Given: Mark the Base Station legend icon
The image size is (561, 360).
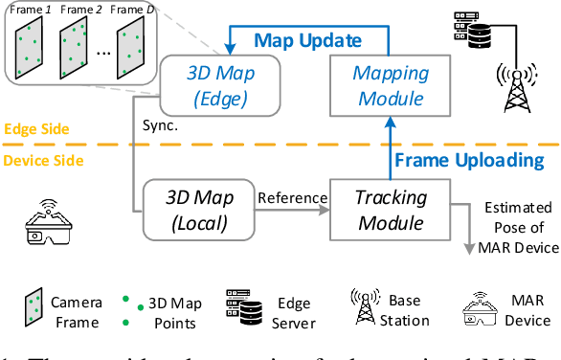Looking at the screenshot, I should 366,305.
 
